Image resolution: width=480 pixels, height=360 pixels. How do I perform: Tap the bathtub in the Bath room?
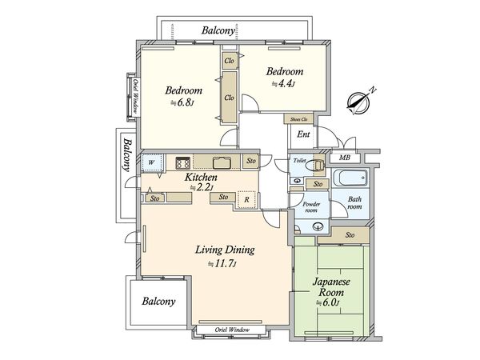pyautogui.click(x=350, y=178)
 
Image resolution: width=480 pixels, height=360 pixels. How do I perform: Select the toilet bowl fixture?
pyautogui.click(x=317, y=166)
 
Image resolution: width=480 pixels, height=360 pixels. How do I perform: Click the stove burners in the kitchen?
pyautogui.click(x=182, y=162)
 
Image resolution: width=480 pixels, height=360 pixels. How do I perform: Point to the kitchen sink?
pyautogui.click(x=222, y=162)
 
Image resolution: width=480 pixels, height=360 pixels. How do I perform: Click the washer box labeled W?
pyautogui.click(x=151, y=162)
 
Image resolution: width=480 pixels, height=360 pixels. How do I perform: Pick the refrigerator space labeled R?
pyautogui.click(x=246, y=200)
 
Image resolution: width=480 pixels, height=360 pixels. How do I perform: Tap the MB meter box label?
pyautogui.click(x=344, y=158)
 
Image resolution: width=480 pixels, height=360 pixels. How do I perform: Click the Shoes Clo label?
pyautogui.click(x=298, y=119)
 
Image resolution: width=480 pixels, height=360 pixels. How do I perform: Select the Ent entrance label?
pyautogui.click(x=303, y=134)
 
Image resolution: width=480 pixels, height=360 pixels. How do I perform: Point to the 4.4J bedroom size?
pyautogui.click(x=285, y=83)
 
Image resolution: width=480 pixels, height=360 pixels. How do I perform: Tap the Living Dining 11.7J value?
pyautogui.click(x=223, y=263)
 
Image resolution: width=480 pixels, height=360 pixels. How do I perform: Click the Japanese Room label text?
pyautogui.click(x=331, y=287)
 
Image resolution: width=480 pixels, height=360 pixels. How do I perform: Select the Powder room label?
pyautogui.click(x=311, y=207)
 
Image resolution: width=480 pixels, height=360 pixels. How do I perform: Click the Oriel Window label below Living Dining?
pyautogui.click(x=232, y=330)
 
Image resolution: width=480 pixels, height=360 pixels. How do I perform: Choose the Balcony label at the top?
pyautogui.click(x=218, y=30)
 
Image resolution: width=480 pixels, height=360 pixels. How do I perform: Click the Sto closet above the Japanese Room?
pyautogui.click(x=350, y=235)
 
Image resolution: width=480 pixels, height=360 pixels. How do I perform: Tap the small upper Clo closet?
pyautogui.click(x=229, y=61)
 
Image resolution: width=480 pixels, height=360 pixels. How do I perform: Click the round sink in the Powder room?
pyautogui.click(x=318, y=227)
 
